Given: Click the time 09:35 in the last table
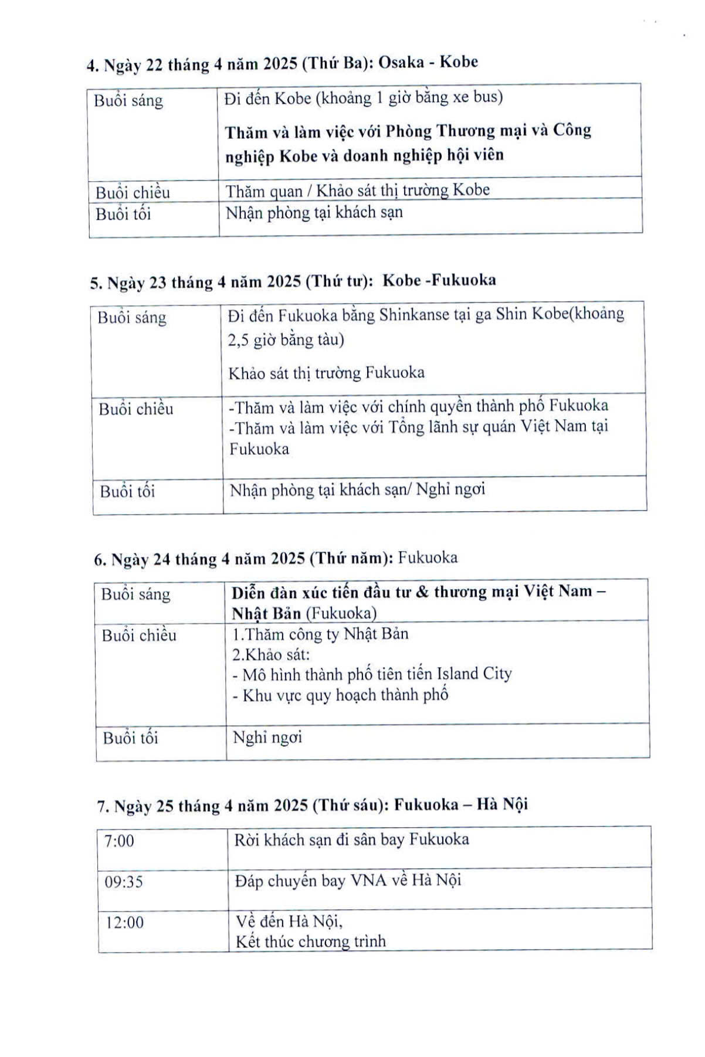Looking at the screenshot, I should pos(123,882).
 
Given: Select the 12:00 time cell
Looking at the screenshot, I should pos(124,922).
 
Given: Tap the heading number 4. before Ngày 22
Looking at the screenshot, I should pos(92,66).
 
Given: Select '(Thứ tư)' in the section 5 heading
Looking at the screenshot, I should pos(339,282).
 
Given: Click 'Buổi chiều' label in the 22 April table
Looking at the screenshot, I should pos(133,192).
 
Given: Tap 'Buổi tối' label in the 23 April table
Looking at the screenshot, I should pos(127,491).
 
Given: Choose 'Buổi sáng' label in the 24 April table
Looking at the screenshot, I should pos(135,594).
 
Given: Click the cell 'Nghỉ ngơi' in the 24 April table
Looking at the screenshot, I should pos(267,737).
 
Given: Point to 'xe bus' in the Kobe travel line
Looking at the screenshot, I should pos(477,97).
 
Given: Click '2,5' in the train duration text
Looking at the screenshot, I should pos(239,340).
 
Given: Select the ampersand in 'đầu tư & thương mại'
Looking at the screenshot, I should pos(421,592).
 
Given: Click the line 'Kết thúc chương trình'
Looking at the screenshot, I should pos(310,942).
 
